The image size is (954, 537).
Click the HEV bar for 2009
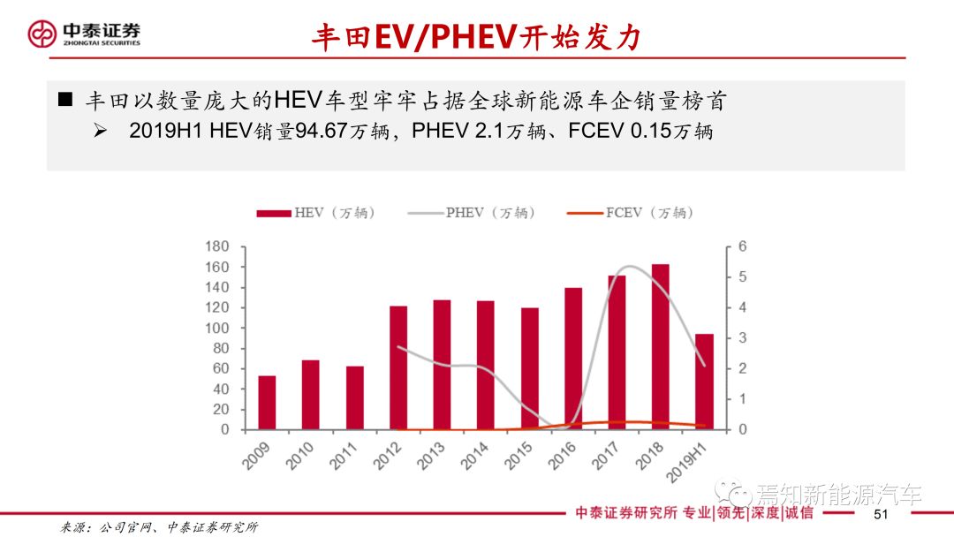(x=267, y=403)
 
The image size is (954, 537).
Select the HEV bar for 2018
(x=661, y=347)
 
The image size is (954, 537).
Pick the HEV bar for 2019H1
(x=704, y=382)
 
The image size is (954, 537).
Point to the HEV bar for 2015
(x=529, y=369)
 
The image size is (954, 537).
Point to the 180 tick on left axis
(x=216, y=246)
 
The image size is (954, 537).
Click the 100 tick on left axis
(x=216, y=328)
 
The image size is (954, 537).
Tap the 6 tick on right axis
(x=743, y=246)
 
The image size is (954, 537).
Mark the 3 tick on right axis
(x=743, y=338)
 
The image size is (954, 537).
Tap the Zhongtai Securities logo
(x=84, y=34)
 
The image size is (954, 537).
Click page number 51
(x=880, y=515)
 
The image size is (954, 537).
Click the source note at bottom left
(x=159, y=527)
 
